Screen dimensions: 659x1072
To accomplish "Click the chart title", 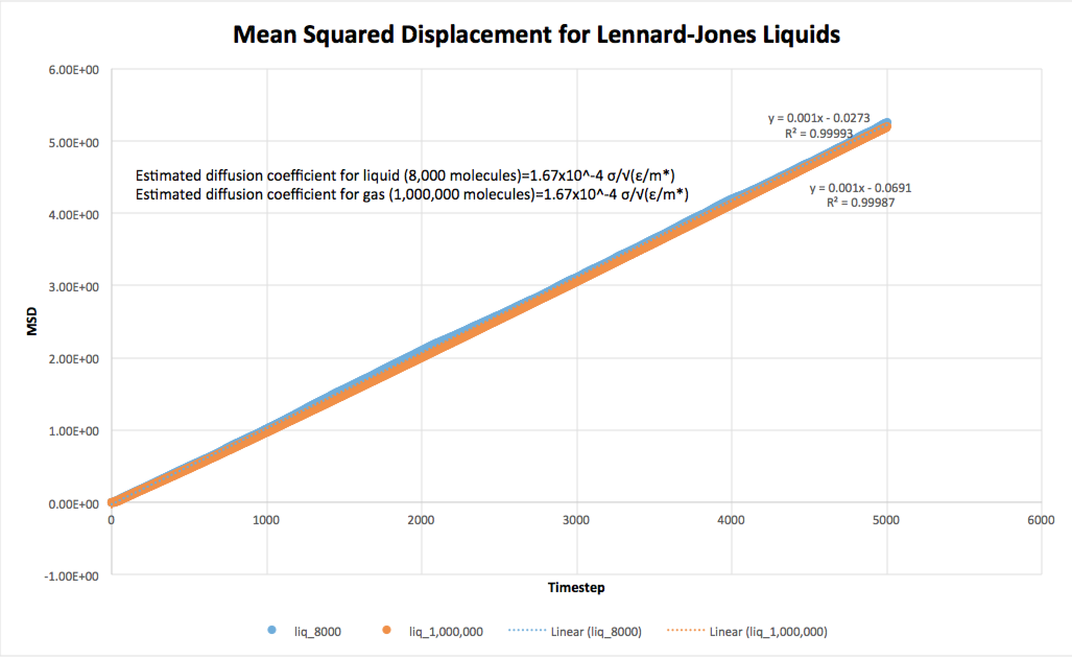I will (x=536, y=34).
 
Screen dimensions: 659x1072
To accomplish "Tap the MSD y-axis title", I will (x=32, y=322).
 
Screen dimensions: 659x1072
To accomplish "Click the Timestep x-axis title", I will (x=576, y=587).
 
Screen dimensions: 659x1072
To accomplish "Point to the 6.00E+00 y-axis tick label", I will (x=74, y=70).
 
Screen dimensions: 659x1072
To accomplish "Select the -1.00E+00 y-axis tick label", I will (x=72, y=576).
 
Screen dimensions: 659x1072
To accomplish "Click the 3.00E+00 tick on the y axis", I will (x=74, y=287).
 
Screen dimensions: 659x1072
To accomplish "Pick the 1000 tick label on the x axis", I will (x=266, y=520).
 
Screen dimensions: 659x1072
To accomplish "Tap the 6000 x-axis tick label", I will (x=1041, y=520).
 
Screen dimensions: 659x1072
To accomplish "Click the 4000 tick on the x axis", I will (x=731, y=520).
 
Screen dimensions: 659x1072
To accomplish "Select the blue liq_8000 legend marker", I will (x=271, y=630).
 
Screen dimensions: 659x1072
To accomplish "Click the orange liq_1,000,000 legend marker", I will (x=386, y=630).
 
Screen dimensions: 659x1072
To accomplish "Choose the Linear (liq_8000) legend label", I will (x=596, y=632).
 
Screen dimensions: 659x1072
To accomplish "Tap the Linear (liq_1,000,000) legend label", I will (x=768, y=632).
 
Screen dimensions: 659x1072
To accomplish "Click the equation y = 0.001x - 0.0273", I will (x=819, y=119).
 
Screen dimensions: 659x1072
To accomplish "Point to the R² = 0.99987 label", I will (x=860, y=203).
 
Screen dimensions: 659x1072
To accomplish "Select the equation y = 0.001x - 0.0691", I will (x=861, y=188).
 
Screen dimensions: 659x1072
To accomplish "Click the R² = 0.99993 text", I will (x=818, y=134).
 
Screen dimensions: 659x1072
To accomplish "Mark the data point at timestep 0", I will (x=112, y=502).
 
